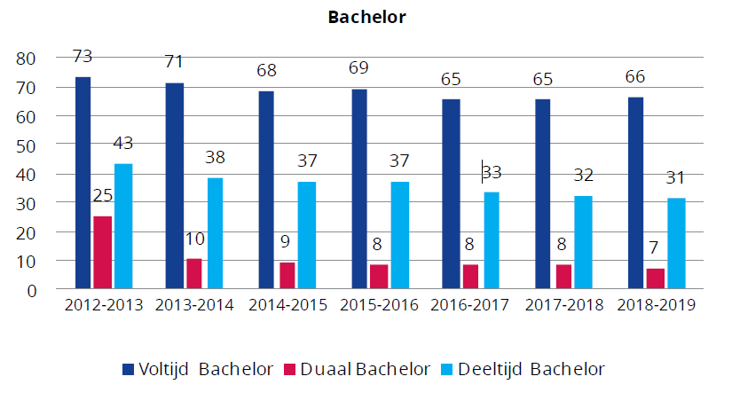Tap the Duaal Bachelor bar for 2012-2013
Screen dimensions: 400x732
pyautogui.click(x=103, y=252)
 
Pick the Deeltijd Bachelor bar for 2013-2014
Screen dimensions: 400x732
pyautogui.click(x=215, y=232)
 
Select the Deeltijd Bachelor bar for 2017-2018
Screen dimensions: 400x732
pyautogui.click(x=583, y=241)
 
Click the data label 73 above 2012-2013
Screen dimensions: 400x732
pyautogui.click(x=83, y=57)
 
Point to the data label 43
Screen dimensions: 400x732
pyautogui.click(x=123, y=143)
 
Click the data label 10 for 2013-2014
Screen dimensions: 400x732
pyautogui.click(x=195, y=239)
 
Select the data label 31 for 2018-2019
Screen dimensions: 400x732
pyautogui.click(x=676, y=178)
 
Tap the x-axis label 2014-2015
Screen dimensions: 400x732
pyautogui.click(x=287, y=305)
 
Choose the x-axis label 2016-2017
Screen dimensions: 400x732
pyautogui.click(x=471, y=305)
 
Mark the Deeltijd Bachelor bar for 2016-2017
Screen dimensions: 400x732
pyautogui.click(x=492, y=239)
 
